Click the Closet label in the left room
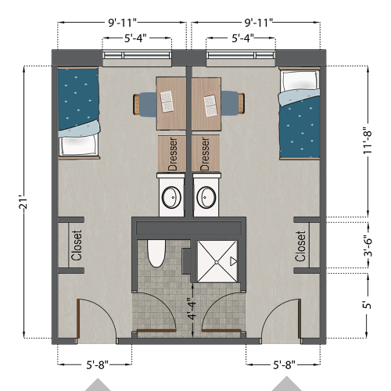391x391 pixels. coord(77,245)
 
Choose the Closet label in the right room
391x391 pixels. coord(300,246)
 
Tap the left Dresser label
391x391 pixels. coord(172,153)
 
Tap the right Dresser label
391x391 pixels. coord(206,153)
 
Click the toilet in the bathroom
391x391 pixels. coord(154,255)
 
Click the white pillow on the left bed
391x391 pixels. coord(78,145)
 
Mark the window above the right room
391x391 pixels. coord(241,55)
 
